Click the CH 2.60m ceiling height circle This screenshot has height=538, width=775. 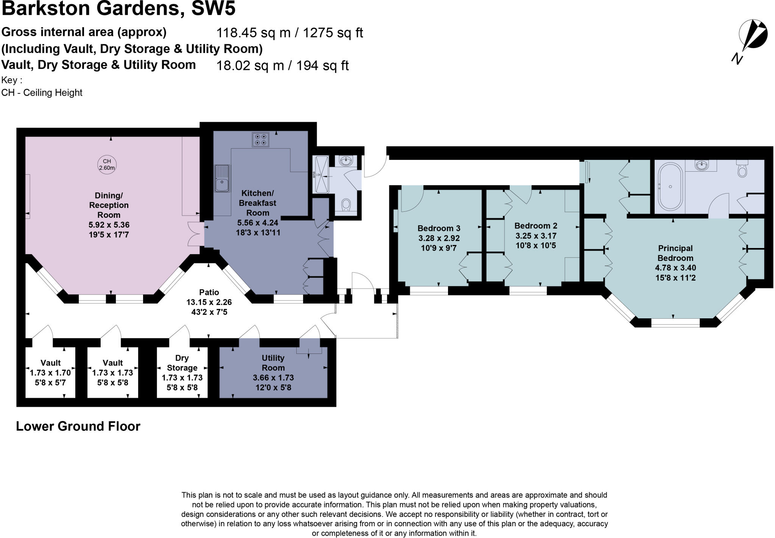click(107, 164)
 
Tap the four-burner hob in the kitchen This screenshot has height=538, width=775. click(260, 139)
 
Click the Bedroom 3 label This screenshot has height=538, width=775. click(439, 228)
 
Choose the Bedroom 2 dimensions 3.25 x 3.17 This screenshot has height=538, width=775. click(535, 236)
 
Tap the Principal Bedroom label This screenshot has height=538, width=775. click(675, 253)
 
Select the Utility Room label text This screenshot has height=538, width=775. click(273, 363)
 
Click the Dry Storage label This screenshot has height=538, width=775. click(182, 363)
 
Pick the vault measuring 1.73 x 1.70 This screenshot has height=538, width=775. click(50, 373)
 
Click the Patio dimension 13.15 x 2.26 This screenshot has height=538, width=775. click(209, 302)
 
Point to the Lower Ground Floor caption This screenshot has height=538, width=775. click(78, 426)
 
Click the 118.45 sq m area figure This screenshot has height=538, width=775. click(250, 33)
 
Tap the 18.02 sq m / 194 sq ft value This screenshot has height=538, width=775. click(282, 66)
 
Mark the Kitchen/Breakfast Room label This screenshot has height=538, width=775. click(258, 203)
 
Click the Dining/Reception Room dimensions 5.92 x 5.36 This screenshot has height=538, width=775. click(109, 225)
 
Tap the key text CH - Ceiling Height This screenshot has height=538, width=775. click(42, 93)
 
